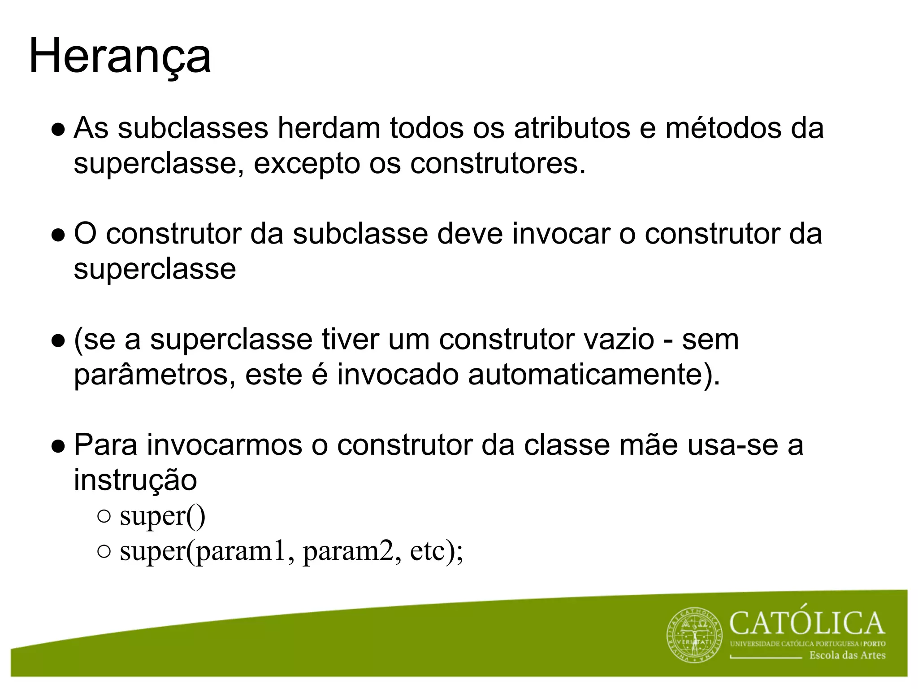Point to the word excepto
pyautogui.click(x=307, y=164)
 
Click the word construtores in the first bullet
pyautogui.click(x=498, y=163)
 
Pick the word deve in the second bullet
pyautogui.click(x=470, y=234)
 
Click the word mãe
pyautogui.click(x=648, y=445)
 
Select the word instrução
pyautogui.click(x=135, y=481)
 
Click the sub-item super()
pyautogui.click(x=162, y=516)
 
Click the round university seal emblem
pyautogui.click(x=695, y=636)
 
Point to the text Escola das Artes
pyautogui.click(x=847, y=655)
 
